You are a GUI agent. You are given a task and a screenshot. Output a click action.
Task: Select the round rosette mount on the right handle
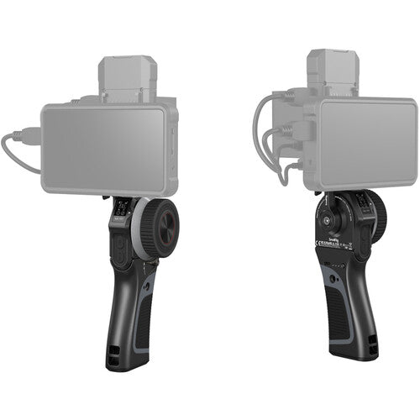[x=322, y=215]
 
